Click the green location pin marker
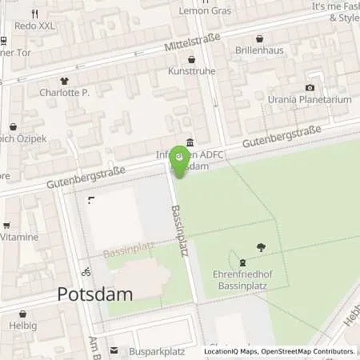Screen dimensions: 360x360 [x=181, y=159]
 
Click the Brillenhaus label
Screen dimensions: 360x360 [x=258, y=50]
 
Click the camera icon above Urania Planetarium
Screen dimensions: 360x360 [x=310, y=87]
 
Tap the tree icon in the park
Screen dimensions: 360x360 [x=261, y=247]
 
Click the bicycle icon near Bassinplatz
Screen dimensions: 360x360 [x=86, y=271]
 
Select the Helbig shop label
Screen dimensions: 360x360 [x=23, y=326]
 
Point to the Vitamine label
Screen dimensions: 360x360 [x=19, y=238]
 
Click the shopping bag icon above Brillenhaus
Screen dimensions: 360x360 [x=259, y=38]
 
